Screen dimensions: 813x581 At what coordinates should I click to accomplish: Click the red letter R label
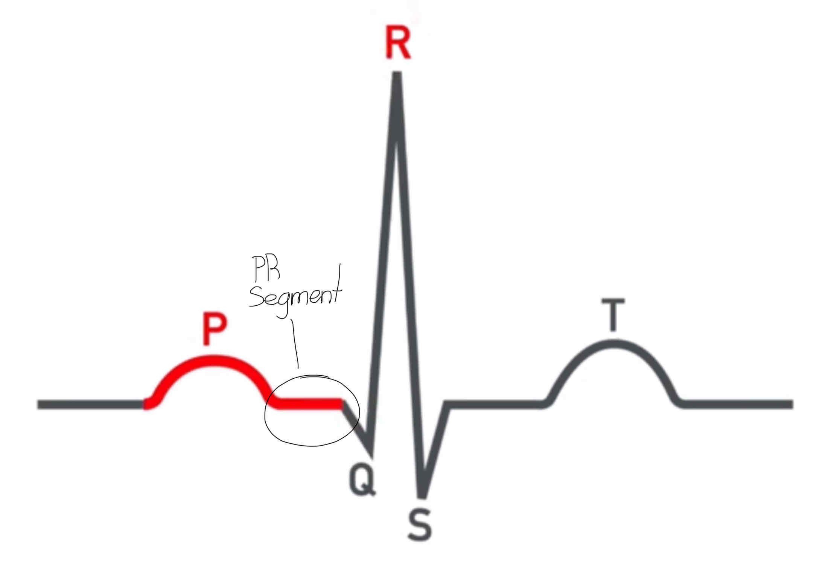click(397, 44)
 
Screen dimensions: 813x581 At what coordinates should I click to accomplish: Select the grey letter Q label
click(362, 480)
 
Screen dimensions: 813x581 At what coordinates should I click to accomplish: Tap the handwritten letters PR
click(266, 269)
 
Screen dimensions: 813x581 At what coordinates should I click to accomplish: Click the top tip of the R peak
click(397, 74)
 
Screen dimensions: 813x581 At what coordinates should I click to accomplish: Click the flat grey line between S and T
click(493, 405)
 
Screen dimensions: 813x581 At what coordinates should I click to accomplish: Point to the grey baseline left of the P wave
click(90, 405)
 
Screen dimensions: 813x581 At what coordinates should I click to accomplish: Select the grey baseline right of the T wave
click(738, 405)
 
